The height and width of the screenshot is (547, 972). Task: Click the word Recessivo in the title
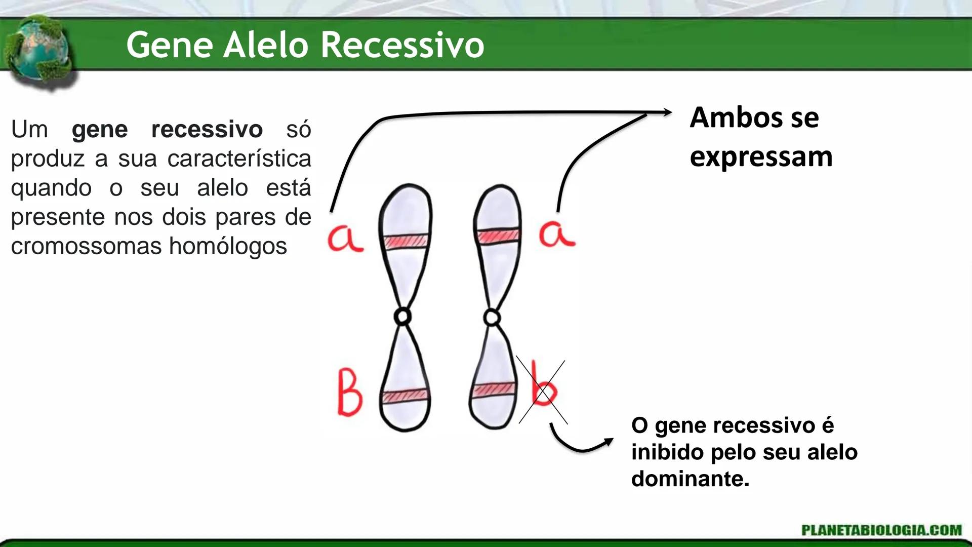tap(402, 46)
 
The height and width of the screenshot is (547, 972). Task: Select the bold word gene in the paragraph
tap(100, 130)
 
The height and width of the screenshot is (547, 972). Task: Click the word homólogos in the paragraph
tap(228, 246)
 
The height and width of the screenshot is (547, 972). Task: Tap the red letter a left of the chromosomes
tap(345, 238)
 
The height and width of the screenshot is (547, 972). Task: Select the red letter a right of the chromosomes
tap(556, 235)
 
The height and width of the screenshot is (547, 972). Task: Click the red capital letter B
tap(350, 396)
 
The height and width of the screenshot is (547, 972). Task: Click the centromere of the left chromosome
tap(402, 317)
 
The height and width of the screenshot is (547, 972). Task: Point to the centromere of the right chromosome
tap(492, 318)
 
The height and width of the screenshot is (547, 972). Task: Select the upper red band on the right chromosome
tap(498, 236)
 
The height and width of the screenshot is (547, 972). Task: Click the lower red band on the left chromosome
tap(406, 396)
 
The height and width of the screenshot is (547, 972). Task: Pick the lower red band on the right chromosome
tap(494, 389)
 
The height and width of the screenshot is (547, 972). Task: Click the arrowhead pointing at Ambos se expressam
tap(667, 112)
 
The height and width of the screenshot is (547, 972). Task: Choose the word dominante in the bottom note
tap(690, 479)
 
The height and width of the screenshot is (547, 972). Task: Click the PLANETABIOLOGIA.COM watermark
tap(881, 530)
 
